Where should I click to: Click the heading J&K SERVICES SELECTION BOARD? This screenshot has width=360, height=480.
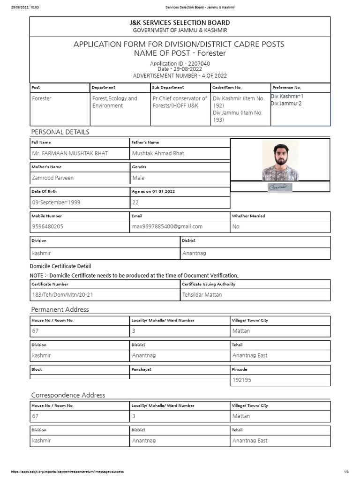(x=180, y=22)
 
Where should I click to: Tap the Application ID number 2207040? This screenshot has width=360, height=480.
(x=200, y=63)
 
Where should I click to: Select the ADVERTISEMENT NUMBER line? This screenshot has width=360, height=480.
(x=180, y=75)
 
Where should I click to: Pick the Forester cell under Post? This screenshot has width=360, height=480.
(x=42, y=98)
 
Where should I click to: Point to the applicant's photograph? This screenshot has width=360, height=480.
(x=280, y=160)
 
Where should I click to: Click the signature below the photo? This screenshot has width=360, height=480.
(x=280, y=187)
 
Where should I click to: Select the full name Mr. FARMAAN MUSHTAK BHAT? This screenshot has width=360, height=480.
(x=69, y=153)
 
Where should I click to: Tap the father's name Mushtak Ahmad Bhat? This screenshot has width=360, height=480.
(x=158, y=153)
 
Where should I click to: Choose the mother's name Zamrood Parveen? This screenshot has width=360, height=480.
(x=52, y=178)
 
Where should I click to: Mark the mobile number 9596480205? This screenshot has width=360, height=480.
(x=47, y=226)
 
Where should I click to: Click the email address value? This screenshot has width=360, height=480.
(x=167, y=226)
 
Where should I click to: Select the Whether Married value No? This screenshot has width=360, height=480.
(x=236, y=226)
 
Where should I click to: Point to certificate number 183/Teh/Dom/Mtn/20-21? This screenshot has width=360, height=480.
(x=65, y=295)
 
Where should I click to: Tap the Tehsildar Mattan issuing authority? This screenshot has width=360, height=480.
(x=202, y=295)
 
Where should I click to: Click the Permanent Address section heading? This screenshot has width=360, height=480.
(x=60, y=309)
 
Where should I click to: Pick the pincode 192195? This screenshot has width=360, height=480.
(x=242, y=380)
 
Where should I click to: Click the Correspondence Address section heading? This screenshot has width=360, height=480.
(x=68, y=395)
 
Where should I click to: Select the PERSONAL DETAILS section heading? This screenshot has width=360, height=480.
(x=60, y=132)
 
